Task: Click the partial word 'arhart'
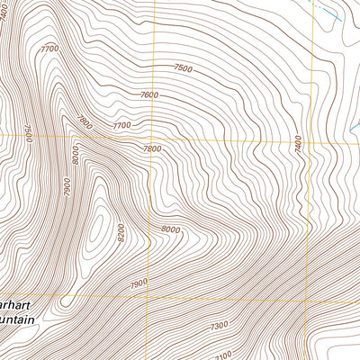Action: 19,305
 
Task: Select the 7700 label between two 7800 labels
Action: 120,126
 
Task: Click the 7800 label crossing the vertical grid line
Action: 151,148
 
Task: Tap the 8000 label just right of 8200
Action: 170,229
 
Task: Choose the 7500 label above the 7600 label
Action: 183,68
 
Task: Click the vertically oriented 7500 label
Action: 28,133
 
